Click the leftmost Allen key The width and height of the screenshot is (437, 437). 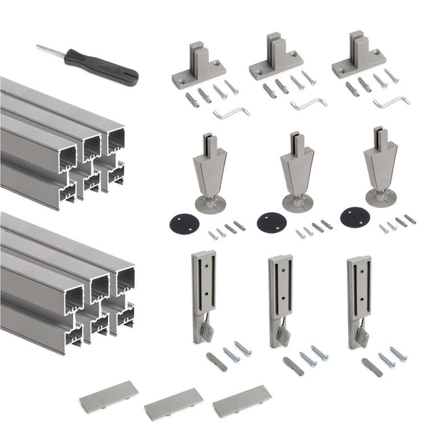coord(231,112)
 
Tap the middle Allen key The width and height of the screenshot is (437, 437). coord(308,104)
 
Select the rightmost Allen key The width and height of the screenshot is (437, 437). coord(391,102)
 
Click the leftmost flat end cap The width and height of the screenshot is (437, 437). coord(108,397)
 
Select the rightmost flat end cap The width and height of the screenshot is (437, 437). coord(242,401)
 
